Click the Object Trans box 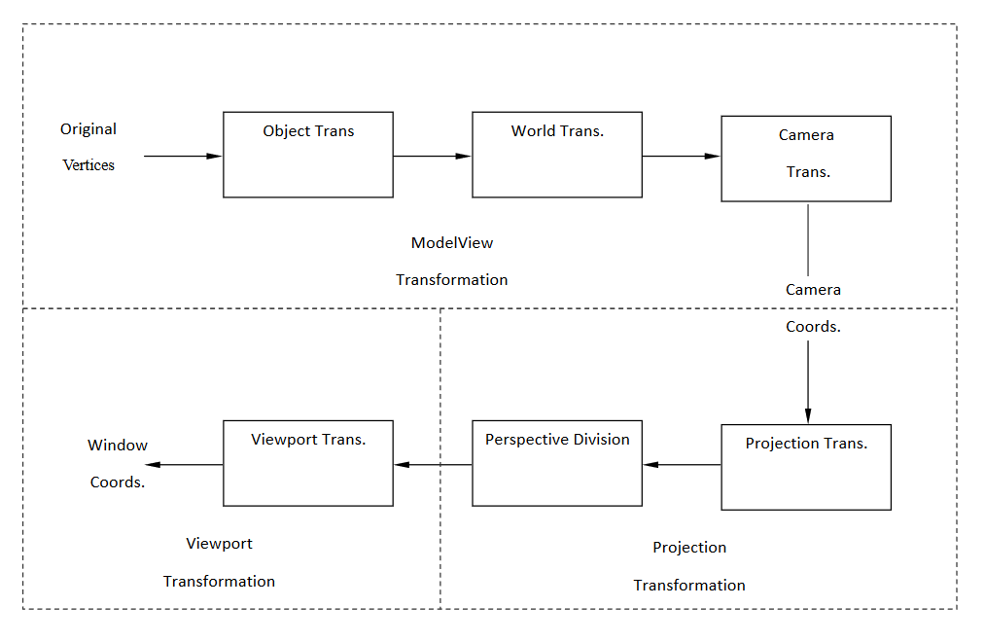[308, 155]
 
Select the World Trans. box [557, 155]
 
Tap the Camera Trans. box [806, 159]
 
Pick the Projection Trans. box [806, 467]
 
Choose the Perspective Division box [557, 463]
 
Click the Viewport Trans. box [308, 463]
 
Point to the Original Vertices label [88, 147]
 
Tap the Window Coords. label [118, 463]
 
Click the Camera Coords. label [813, 308]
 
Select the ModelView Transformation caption [452, 261]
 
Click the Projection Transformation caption [689, 566]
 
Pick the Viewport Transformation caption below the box [219, 562]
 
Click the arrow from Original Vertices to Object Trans [183, 156]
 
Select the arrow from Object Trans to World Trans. [433, 156]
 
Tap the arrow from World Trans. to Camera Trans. [682, 156]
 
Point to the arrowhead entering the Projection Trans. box [808, 416]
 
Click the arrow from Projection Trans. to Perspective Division [682, 464]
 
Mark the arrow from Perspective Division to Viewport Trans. [433, 464]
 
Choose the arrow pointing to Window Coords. [184, 464]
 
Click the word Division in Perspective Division [601, 440]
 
